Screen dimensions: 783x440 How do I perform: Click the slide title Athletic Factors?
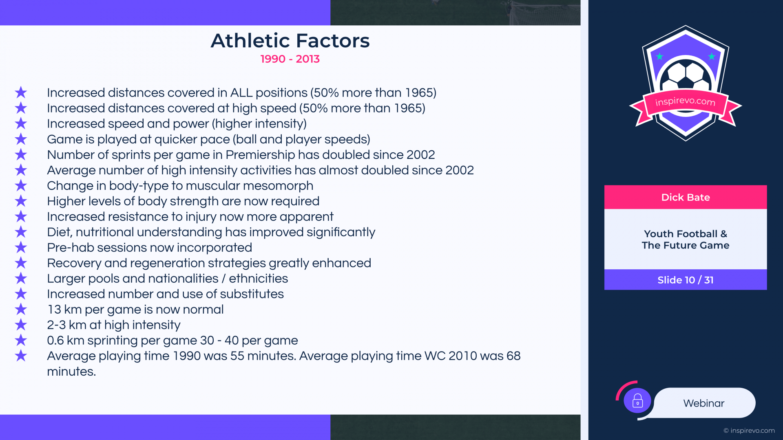290,41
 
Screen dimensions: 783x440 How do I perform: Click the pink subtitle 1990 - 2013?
290,59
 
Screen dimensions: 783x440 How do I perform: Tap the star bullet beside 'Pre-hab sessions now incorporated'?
21,247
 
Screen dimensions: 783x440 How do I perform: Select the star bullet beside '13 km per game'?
21,309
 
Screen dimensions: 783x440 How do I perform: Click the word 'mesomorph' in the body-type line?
278,186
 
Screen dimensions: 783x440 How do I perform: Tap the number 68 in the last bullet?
513,356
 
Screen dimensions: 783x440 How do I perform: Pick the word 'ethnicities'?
259,279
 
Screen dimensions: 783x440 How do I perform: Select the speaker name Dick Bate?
686,198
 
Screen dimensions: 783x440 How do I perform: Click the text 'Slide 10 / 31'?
686,280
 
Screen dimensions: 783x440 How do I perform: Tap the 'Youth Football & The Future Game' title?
686,240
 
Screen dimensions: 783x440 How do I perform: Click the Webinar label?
704,403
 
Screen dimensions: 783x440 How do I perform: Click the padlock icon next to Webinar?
637,401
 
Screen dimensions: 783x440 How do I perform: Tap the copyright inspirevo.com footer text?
749,431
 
